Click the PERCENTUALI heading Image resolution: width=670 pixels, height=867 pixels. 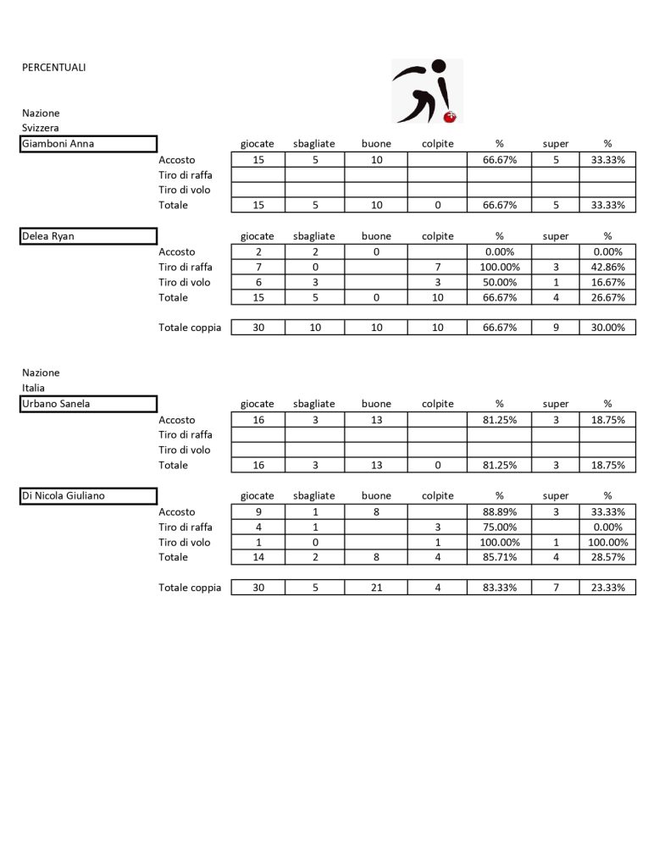coord(54,68)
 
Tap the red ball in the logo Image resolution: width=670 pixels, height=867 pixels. coord(451,116)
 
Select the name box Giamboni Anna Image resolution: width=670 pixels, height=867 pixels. coord(89,144)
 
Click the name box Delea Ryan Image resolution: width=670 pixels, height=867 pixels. coord(89,236)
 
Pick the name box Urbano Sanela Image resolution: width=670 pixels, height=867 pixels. coord(89,404)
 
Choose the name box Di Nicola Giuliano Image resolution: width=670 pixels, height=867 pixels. coord(89,496)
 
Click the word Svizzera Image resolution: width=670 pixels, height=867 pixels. coord(42,128)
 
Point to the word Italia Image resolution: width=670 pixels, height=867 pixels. coord(34,388)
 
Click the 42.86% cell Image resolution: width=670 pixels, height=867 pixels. coord(607,267)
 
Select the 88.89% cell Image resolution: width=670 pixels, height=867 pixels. coord(499,511)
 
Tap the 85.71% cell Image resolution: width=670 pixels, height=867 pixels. coord(499,557)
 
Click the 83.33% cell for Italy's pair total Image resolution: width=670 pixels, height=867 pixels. coord(499,588)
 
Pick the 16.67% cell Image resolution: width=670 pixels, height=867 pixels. coord(607,282)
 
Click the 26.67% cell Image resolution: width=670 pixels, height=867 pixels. coord(607,297)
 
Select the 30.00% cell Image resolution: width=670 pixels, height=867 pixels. coord(607,328)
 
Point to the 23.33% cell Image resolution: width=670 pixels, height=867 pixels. coord(607,588)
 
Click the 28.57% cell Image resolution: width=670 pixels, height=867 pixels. coord(607,557)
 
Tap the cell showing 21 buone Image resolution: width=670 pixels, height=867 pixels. coord(376,588)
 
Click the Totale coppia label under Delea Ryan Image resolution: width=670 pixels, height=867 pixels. coord(190,328)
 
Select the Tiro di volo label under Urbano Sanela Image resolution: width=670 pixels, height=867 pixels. coord(185,450)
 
